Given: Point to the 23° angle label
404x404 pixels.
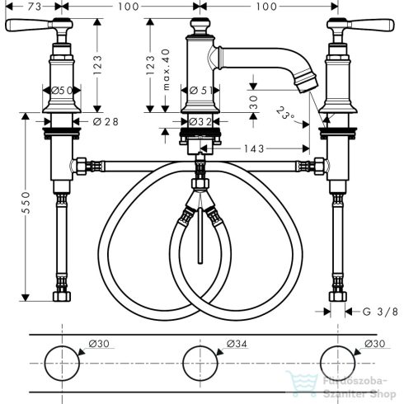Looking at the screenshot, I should tap(284, 113).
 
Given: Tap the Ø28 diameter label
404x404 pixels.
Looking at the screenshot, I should tap(106, 122).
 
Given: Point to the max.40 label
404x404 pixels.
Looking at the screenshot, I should tap(166, 70).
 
